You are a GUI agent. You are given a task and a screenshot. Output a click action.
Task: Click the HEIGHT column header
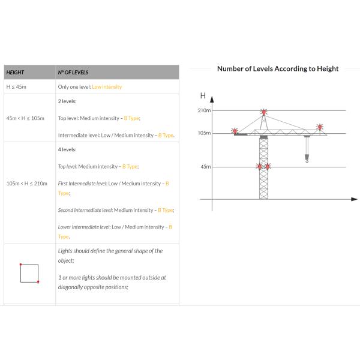click(15, 73)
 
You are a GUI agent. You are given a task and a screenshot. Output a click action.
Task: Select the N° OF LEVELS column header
click(73, 73)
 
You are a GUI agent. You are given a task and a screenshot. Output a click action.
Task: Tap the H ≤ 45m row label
click(16, 87)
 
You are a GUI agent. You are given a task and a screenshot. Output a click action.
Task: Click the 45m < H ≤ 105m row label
click(25, 118)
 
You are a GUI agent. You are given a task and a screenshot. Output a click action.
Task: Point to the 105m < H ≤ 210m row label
click(27, 184)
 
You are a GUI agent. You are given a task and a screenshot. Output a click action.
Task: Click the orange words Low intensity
click(107, 87)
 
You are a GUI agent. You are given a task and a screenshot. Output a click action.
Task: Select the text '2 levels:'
click(67, 101)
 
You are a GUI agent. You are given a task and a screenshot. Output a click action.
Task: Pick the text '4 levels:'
click(67, 149)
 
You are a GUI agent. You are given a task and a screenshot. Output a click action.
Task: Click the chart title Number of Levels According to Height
click(278, 68)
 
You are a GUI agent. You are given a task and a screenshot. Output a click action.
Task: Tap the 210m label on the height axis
click(205, 110)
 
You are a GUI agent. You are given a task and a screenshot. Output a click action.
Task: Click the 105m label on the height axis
click(205, 133)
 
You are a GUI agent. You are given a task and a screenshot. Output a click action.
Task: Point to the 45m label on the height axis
click(206, 167)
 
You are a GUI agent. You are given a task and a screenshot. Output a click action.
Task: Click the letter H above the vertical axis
click(203, 95)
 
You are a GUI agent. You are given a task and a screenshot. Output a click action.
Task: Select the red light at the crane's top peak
click(264, 112)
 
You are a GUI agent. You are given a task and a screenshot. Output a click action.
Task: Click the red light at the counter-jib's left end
click(235, 131)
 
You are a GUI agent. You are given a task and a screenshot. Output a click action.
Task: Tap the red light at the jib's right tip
click(320, 127)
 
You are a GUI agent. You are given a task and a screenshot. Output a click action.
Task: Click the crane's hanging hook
click(307, 158)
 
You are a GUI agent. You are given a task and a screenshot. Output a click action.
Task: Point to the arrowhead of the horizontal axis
click(355, 199)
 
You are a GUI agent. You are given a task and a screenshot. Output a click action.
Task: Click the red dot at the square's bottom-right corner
click(38, 282)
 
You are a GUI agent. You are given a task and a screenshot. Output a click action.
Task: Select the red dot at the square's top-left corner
click(20, 265)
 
